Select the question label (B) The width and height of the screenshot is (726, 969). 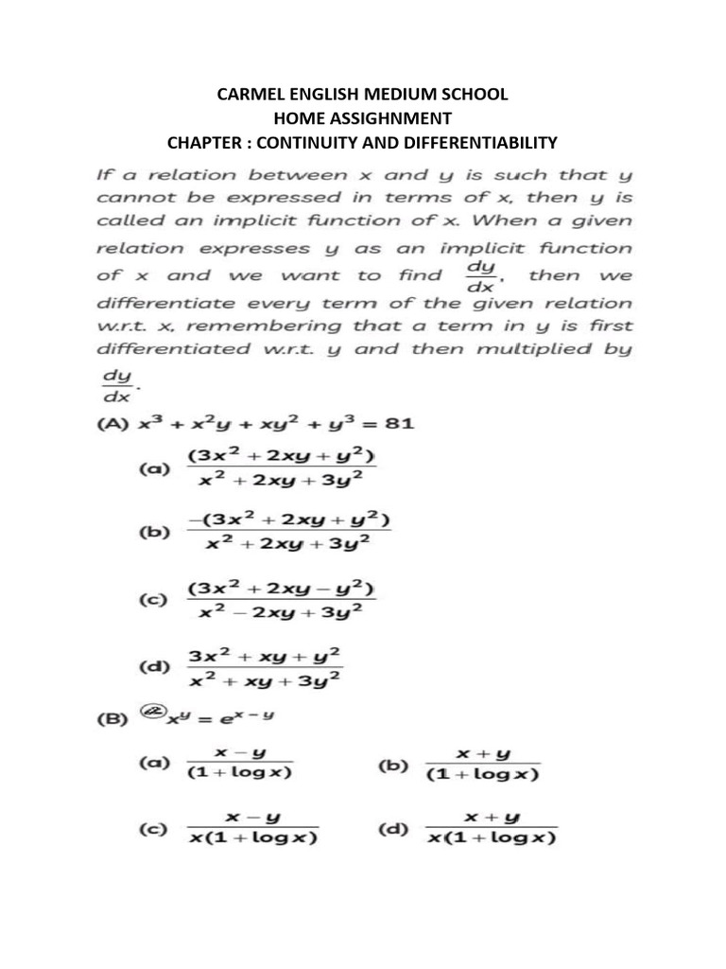114,718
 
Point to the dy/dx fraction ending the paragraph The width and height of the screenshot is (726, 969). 113,385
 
